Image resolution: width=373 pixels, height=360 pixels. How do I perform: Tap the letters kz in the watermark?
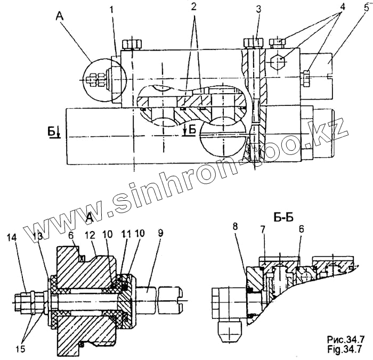coord(336,128)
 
